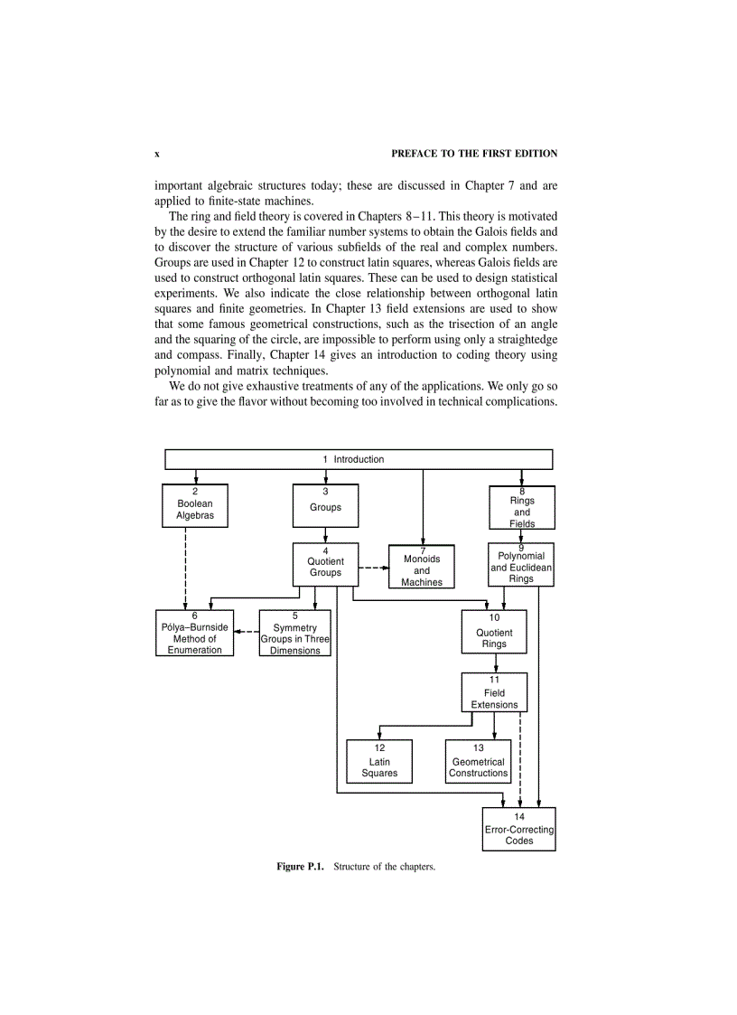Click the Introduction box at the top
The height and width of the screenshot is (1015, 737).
359,459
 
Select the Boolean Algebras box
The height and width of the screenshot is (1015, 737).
194,506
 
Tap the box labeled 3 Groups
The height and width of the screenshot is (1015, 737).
325,506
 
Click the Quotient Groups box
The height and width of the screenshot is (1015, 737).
325,566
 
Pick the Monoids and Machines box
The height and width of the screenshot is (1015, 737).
422,567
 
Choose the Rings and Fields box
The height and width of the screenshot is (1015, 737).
522,507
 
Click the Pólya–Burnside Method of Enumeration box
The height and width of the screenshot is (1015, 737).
194,634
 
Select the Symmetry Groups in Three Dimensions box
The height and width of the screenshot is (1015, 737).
295,634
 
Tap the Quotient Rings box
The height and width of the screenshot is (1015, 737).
494,634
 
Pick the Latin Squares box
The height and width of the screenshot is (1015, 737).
379,761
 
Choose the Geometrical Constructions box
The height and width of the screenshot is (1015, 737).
478,761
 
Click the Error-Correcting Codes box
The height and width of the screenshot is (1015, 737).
519,829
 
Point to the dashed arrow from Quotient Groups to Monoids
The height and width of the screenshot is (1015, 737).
373,569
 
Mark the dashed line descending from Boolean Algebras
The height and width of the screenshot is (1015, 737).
185,569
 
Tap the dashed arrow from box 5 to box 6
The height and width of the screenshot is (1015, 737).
246,632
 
